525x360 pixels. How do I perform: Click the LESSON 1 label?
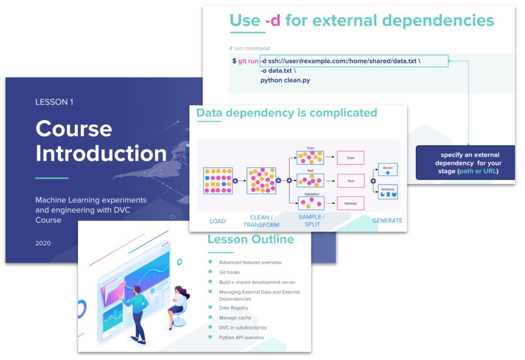click(54, 102)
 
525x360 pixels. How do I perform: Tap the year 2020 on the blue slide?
click(43, 243)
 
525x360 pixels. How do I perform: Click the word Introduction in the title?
click(101, 153)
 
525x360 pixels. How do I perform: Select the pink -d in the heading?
click(273, 20)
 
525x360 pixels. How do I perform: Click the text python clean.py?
click(285, 80)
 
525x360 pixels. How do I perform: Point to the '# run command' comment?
click(249, 48)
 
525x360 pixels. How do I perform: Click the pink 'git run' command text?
click(248, 61)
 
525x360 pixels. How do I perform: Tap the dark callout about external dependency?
click(466, 163)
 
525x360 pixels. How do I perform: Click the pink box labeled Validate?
click(351, 203)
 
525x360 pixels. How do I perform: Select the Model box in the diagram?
click(388, 169)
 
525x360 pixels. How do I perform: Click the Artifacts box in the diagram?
click(388, 192)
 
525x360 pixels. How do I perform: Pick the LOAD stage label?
click(217, 221)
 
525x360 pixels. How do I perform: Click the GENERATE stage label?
click(387, 221)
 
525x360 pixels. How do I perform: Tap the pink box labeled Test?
click(351, 181)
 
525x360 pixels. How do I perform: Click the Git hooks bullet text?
click(229, 272)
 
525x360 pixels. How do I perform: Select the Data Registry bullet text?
click(233, 308)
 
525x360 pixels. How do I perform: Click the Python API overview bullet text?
click(242, 337)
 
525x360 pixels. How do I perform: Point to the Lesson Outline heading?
click(251, 239)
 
